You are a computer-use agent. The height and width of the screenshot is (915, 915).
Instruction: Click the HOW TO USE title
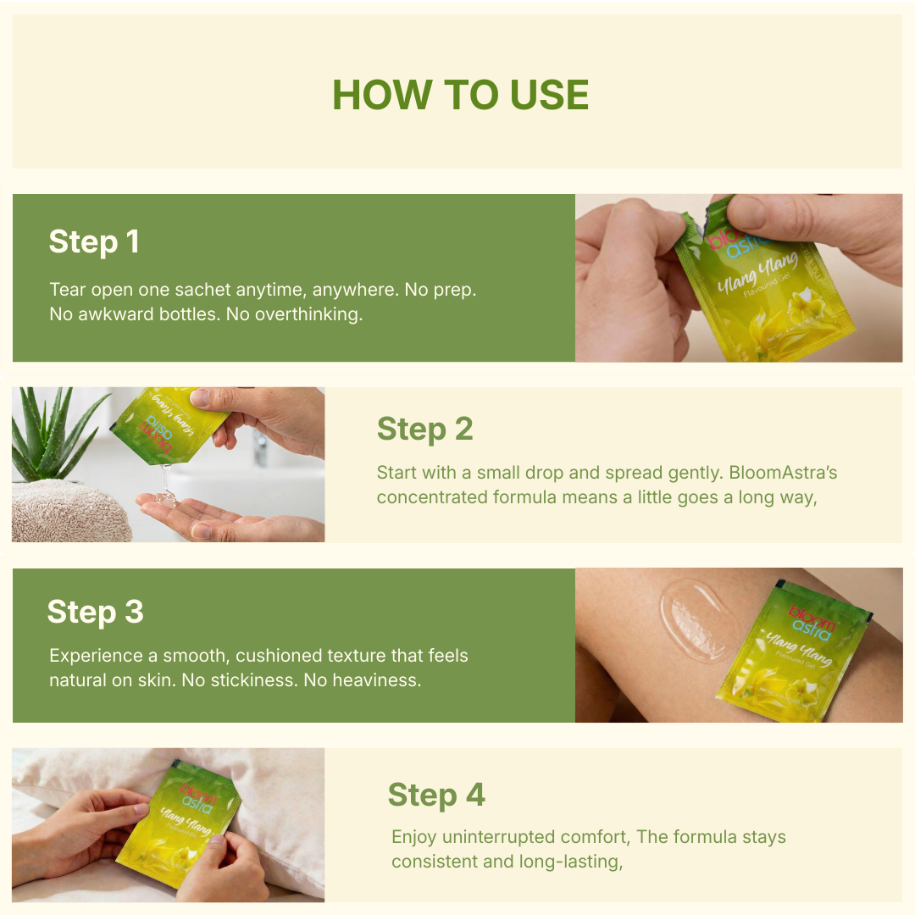460,95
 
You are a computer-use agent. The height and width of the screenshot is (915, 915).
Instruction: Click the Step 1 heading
94,242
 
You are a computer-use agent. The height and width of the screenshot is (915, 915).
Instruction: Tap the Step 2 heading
424,430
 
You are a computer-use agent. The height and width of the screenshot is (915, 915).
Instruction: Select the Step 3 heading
95,612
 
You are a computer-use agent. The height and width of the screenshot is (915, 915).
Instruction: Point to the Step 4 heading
436,796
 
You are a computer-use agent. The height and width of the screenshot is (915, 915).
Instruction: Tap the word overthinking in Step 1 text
307,314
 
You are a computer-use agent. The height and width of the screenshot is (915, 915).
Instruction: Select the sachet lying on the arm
791,652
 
